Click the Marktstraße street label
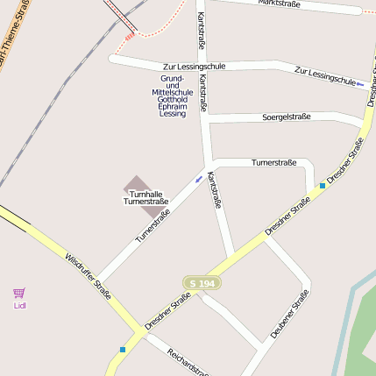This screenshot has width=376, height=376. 279,4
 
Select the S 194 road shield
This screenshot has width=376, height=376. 201,283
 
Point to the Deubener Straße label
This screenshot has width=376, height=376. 289,315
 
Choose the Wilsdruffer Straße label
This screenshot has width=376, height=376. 89,277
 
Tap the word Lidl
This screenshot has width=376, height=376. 19,306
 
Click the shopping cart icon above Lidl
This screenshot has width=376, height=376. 19,293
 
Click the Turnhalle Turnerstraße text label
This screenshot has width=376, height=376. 145,197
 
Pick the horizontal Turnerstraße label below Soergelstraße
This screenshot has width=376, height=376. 275,162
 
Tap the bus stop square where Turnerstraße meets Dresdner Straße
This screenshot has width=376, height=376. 323,185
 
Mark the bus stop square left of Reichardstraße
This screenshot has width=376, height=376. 122,349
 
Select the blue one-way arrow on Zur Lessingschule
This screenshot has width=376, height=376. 359,84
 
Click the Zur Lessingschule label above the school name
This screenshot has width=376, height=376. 194,67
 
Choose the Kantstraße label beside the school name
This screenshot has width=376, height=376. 203,92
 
